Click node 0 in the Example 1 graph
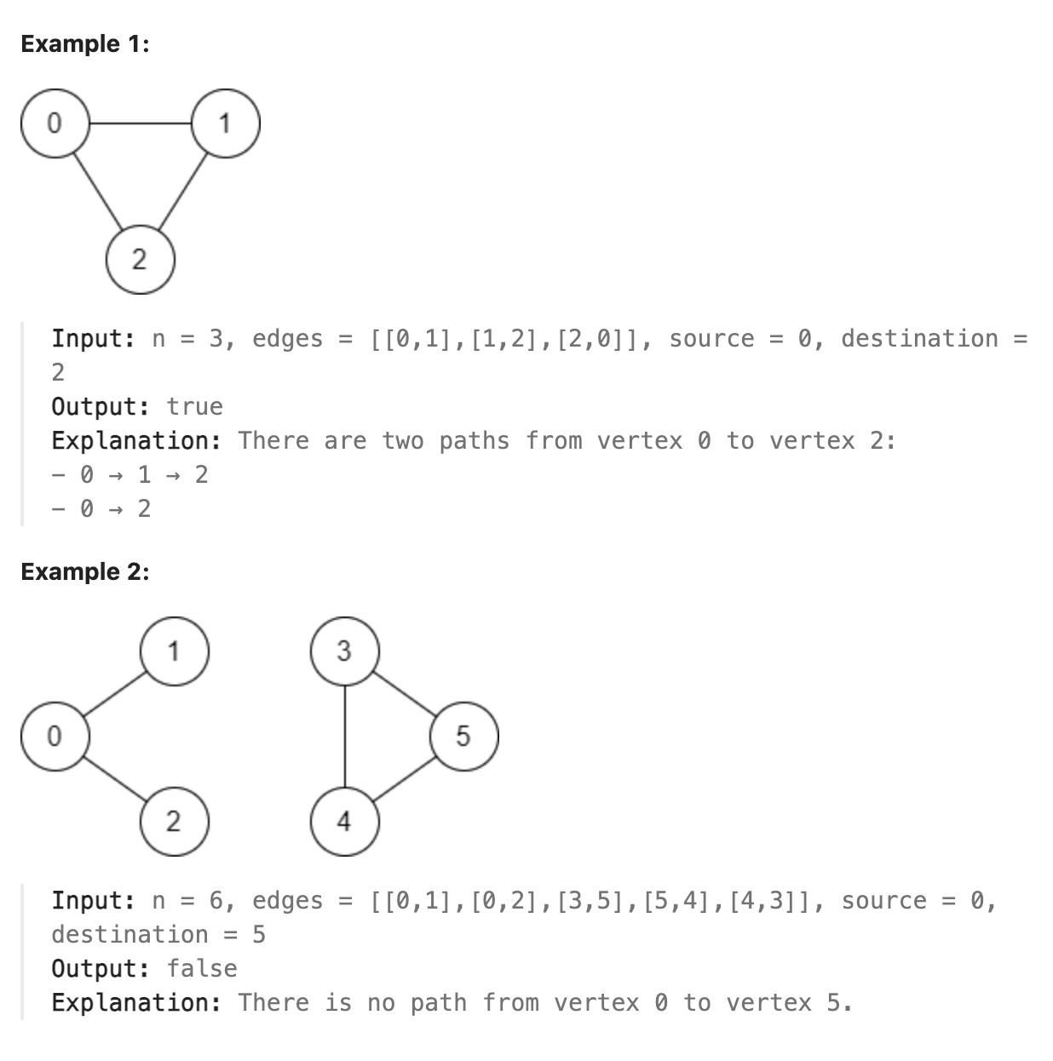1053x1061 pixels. click(x=55, y=123)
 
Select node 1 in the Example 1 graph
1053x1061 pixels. click(x=225, y=123)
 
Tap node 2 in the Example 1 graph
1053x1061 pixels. click(x=140, y=259)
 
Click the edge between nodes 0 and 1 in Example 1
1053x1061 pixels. click(x=140, y=123)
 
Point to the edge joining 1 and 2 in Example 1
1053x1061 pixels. click(x=182, y=192)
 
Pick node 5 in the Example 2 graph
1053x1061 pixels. click(x=463, y=736)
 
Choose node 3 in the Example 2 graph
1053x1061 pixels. click(x=344, y=651)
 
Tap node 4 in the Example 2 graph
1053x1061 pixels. click(x=344, y=821)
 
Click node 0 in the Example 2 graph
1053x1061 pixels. click(x=55, y=736)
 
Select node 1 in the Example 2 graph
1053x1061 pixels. click(x=174, y=651)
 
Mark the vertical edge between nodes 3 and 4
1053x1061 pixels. click(x=344, y=736)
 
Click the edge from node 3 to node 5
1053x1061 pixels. click(x=404, y=694)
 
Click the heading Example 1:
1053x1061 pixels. click(x=84, y=44)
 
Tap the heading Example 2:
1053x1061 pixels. click(x=84, y=572)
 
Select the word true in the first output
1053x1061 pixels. click(x=194, y=407)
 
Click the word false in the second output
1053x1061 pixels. click(x=202, y=969)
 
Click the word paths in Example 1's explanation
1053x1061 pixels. click(x=474, y=441)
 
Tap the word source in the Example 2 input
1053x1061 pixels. click(x=883, y=901)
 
